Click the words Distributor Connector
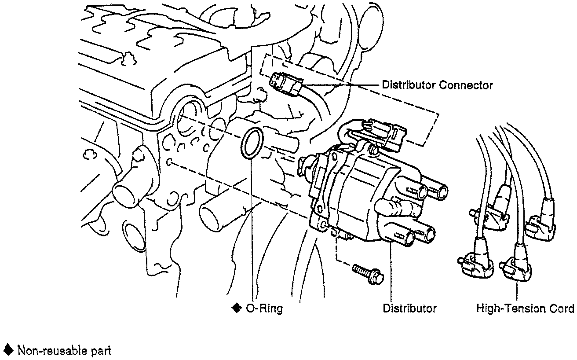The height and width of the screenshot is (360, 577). (x=437, y=85)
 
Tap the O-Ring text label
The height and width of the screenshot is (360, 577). (x=263, y=309)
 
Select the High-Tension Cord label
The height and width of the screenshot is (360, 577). (x=525, y=309)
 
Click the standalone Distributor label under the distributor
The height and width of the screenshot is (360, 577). (x=409, y=309)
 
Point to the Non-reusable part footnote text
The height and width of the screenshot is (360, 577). (x=64, y=350)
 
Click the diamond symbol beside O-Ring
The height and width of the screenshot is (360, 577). (x=237, y=308)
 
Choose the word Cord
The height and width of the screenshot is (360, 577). (x=562, y=309)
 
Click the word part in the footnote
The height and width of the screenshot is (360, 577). (x=102, y=350)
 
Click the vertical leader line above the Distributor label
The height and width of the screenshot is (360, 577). (x=391, y=273)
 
